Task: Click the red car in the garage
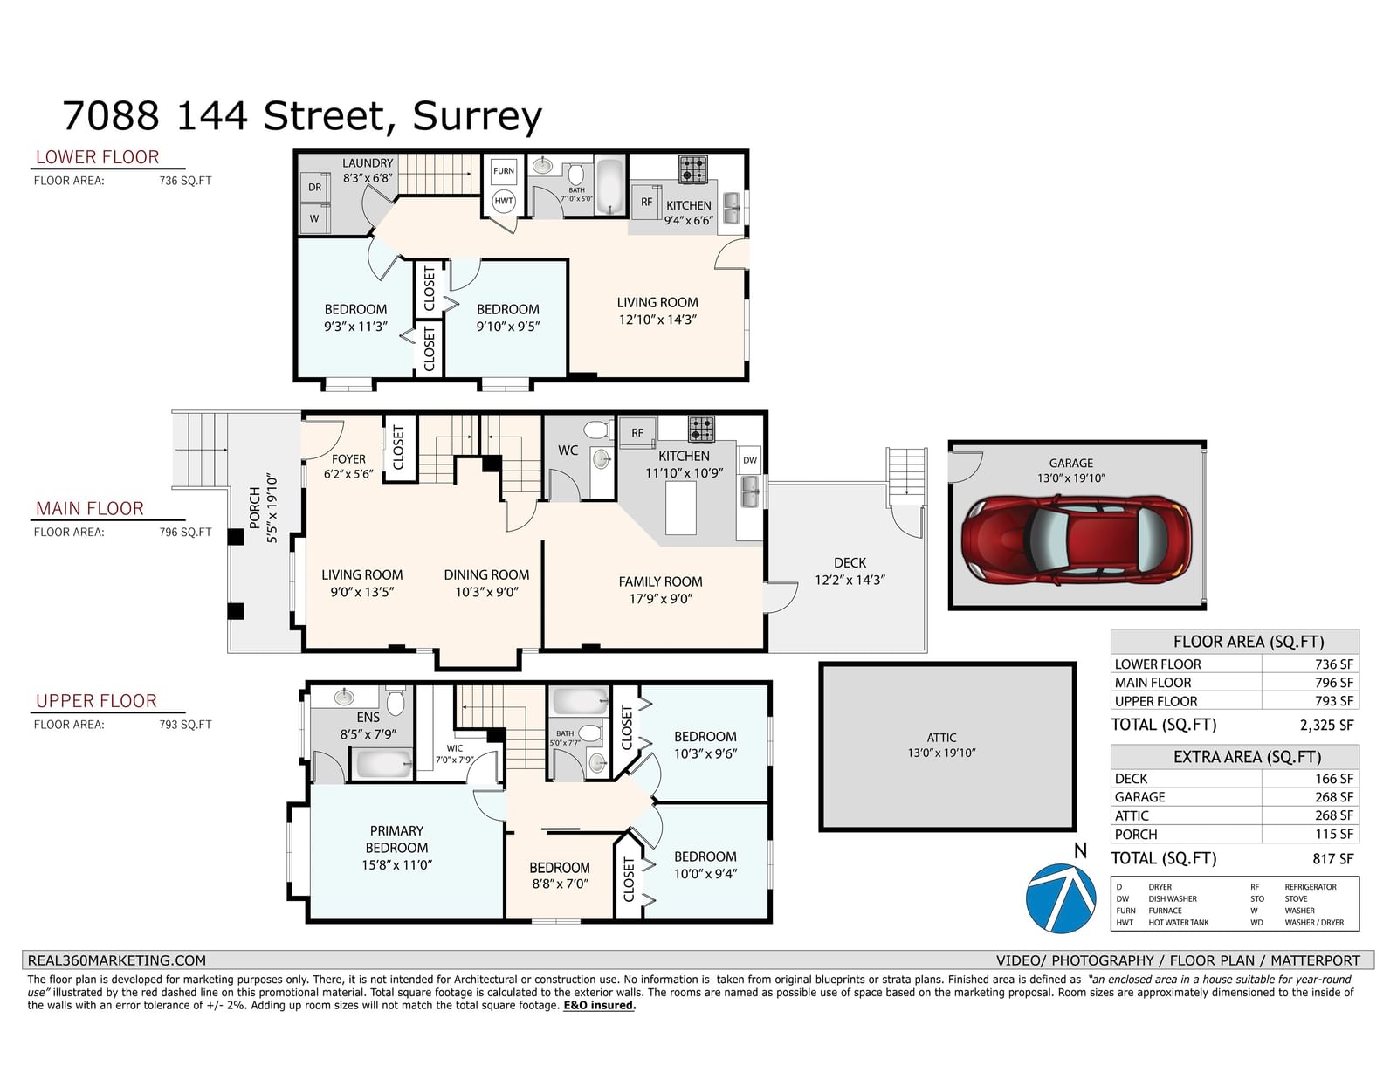(1077, 540)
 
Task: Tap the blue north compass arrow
(1060, 898)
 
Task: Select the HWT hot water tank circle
(504, 201)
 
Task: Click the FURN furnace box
(504, 171)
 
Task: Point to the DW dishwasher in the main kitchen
(750, 460)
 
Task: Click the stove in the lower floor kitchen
(693, 169)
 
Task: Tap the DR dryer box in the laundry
(314, 188)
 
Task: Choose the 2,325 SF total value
(1326, 726)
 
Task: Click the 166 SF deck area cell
(1334, 779)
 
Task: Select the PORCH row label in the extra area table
(1135, 835)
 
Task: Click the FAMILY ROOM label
(660, 581)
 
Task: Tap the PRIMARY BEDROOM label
(396, 839)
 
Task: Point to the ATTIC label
(941, 738)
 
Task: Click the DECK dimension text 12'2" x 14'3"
(850, 580)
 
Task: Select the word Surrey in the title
(477, 117)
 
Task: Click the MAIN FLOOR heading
(89, 508)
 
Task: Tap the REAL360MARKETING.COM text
(116, 960)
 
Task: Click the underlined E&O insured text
(599, 1006)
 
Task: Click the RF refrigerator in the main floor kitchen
(637, 433)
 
